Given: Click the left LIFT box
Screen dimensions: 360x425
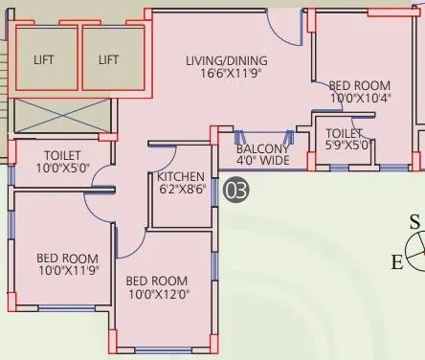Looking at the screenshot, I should pyautogui.click(x=44, y=59).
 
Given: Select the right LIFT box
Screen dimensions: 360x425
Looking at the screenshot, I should pyautogui.click(x=109, y=59).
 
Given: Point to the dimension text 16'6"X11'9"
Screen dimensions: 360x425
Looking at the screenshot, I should pyautogui.click(x=225, y=73).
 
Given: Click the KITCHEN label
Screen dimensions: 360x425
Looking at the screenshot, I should pyautogui.click(x=181, y=176).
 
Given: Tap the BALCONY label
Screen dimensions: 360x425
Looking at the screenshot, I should pyautogui.click(x=262, y=149).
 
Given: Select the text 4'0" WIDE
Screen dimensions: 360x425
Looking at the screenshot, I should pyautogui.click(x=262, y=162).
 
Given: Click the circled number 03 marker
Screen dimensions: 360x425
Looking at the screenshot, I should pyautogui.click(x=235, y=191).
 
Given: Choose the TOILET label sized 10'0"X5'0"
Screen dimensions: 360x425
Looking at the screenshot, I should pyautogui.click(x=62, y=155).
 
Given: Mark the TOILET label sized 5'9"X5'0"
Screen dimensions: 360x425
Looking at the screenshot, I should pyautogui.click(x=343, y=134).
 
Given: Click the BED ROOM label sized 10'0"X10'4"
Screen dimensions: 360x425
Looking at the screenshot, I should pyautogui.click(x=359, y=84).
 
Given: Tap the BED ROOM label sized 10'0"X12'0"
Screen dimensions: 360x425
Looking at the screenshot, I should pyautogui.click(x=158, y=281).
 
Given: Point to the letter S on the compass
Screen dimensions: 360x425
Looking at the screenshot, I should pyautogui.click(x=414, y=223).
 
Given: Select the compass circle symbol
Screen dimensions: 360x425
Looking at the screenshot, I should pyautogui.click(x=414, y=252).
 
